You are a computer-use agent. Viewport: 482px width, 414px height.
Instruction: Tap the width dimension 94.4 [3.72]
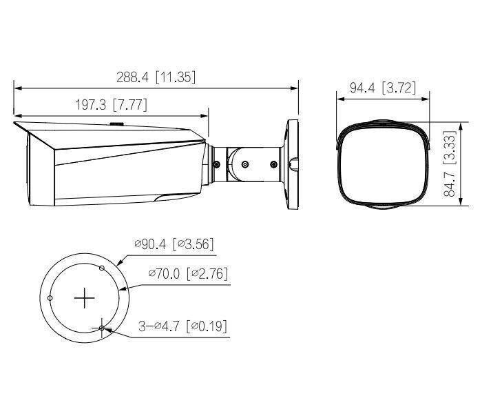(x=382, y=88)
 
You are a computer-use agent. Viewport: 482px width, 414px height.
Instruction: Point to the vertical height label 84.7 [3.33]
(x=449, y=166)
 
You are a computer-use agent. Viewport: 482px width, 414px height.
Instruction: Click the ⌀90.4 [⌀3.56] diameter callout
(x=174, y=244)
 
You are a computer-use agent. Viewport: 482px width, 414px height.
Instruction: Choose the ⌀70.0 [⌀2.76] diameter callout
(x=187, y=274)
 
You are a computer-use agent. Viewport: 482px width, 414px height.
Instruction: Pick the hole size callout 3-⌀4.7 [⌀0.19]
(x=182, y=325)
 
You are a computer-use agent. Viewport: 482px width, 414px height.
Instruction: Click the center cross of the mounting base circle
(x=84, y=297)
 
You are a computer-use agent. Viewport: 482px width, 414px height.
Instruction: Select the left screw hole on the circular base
(x=50, y=297)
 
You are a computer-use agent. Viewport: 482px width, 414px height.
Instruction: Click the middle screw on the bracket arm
(x=244, y=164)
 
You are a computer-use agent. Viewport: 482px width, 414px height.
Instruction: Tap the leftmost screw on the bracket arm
(x=217, y=164)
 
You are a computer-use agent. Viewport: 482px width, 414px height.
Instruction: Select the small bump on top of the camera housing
(x=116, y=125)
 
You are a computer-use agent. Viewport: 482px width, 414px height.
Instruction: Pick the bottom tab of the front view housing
(x=381, y=206)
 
